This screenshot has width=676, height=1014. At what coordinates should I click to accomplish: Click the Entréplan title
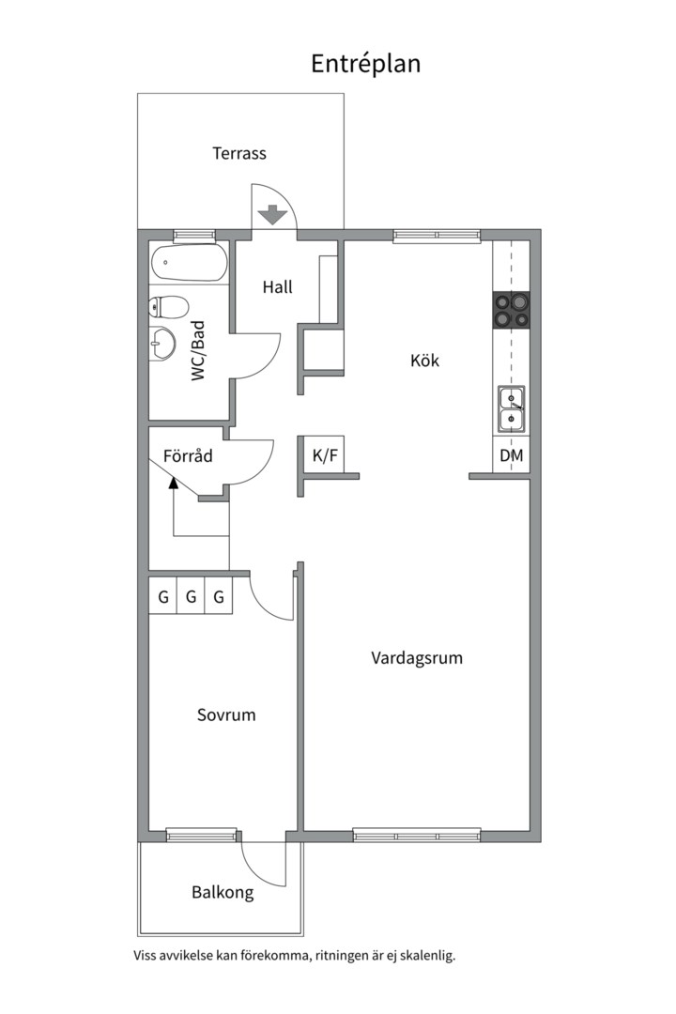(365, 64)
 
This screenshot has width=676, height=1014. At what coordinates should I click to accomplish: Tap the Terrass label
(239, 153)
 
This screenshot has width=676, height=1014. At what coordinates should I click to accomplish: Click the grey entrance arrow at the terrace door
(272, 215)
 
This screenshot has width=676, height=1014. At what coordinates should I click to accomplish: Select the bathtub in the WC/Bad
(189, 263)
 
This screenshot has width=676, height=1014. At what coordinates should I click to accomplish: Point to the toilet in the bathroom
(168, 306)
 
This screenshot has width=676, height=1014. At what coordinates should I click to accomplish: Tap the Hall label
(278, 287)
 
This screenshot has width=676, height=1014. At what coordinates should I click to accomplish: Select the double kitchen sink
(511, 409)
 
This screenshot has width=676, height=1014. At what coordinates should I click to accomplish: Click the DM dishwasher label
(511, 455)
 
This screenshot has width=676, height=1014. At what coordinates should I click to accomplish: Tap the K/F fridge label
(325, 455)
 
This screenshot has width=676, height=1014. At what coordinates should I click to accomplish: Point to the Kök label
(424, 361)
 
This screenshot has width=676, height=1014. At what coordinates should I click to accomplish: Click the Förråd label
(188, 456)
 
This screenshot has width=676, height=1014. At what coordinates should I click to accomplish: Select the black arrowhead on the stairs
(173, 482)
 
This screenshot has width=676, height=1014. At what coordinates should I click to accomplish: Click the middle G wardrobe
(191, 596)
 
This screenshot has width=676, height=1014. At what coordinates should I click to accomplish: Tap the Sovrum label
(226, 714)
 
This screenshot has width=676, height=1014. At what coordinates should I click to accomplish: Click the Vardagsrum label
(417, 658)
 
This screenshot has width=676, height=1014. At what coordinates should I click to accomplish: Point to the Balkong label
(223, 893)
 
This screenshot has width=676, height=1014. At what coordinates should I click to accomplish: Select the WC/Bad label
(198, 351)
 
